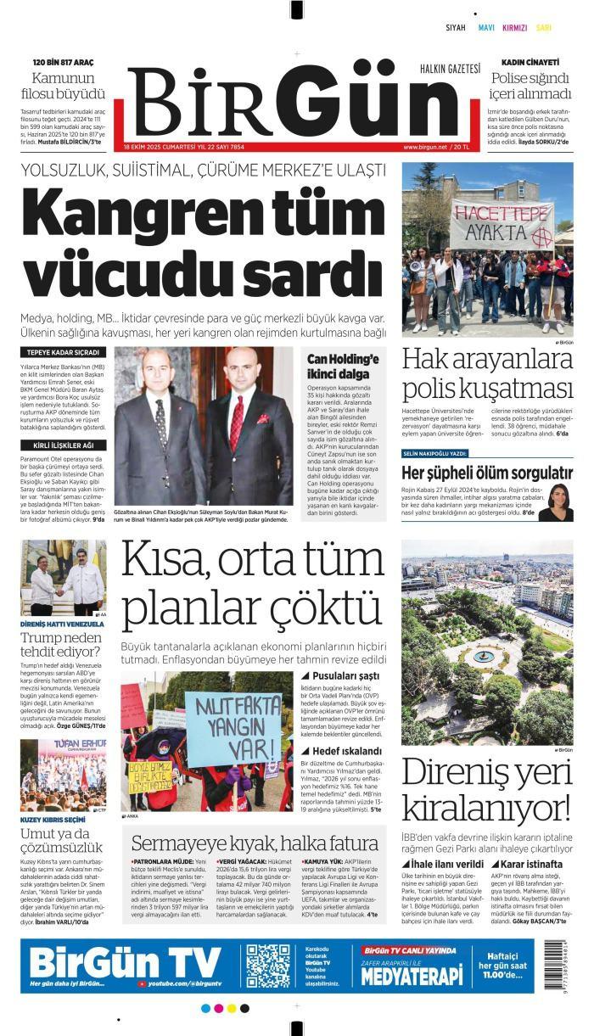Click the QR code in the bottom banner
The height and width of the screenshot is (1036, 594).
pyautogui.click(x=268, y=965)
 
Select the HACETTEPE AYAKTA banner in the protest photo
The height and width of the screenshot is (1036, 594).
pyautogui.click(x=502, y=221)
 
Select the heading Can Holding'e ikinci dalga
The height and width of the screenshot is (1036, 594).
pyautogui.click(x=343, y=366)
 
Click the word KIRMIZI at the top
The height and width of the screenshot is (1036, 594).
pyautogui.click(x=515, y=28)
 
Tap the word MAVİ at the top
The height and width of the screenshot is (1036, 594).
pyautogui.click(x=486, y=28)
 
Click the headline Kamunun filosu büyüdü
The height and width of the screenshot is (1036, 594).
pyautogui.click(x=63, y=86)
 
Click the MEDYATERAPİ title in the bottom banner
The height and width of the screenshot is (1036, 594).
pyautogui.click(x=412, y=976)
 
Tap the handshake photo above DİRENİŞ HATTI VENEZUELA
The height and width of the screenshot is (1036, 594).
pyautogui.click(x=63, y=579)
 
